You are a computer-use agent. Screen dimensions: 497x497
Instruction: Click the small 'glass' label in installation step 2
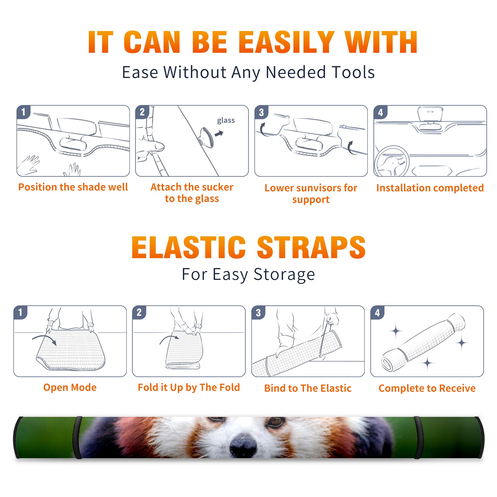(226, 121)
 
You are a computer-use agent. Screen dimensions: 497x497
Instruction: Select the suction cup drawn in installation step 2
(207, 137)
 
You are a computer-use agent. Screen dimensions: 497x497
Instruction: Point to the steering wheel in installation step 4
(391, 161)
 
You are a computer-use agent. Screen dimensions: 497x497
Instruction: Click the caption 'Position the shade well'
(73, 187)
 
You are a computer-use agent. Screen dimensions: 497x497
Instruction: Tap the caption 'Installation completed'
(430, 188)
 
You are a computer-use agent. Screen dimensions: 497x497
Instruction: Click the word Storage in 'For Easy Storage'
(284, 275)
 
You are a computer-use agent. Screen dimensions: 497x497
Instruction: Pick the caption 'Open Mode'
(70, 387)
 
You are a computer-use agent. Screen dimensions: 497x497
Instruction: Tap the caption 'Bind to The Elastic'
(308, 388)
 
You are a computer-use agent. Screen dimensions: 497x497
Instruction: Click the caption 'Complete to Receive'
(427, 388)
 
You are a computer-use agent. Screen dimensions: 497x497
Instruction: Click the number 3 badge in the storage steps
(258, 313)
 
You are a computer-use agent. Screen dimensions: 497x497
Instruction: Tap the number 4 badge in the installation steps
(381, 112)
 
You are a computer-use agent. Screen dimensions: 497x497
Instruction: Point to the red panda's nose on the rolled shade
(244, 445)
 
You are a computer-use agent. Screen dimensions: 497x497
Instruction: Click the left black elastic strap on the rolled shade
(78, 437)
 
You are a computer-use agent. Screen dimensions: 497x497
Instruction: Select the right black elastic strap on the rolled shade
(418, 437)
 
